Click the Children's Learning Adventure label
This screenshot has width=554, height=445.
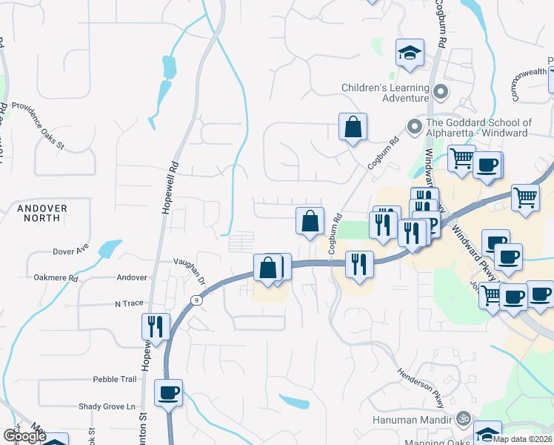coord(385,93)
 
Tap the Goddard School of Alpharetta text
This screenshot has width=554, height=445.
coord(478,128)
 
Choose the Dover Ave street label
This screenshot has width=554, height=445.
coord(71,251)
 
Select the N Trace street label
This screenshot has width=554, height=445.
coord(128,304)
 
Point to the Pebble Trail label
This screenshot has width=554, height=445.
coord(115,379)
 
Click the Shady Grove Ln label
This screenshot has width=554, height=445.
coord(107,406)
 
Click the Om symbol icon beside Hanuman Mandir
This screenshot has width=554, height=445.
coord(464,419)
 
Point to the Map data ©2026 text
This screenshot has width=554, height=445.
coord(521,439)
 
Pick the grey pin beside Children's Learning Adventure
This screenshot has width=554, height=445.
coord(441,93)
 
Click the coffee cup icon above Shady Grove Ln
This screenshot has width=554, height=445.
coord(169,392)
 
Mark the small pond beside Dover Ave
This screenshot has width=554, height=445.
coord(109,248)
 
